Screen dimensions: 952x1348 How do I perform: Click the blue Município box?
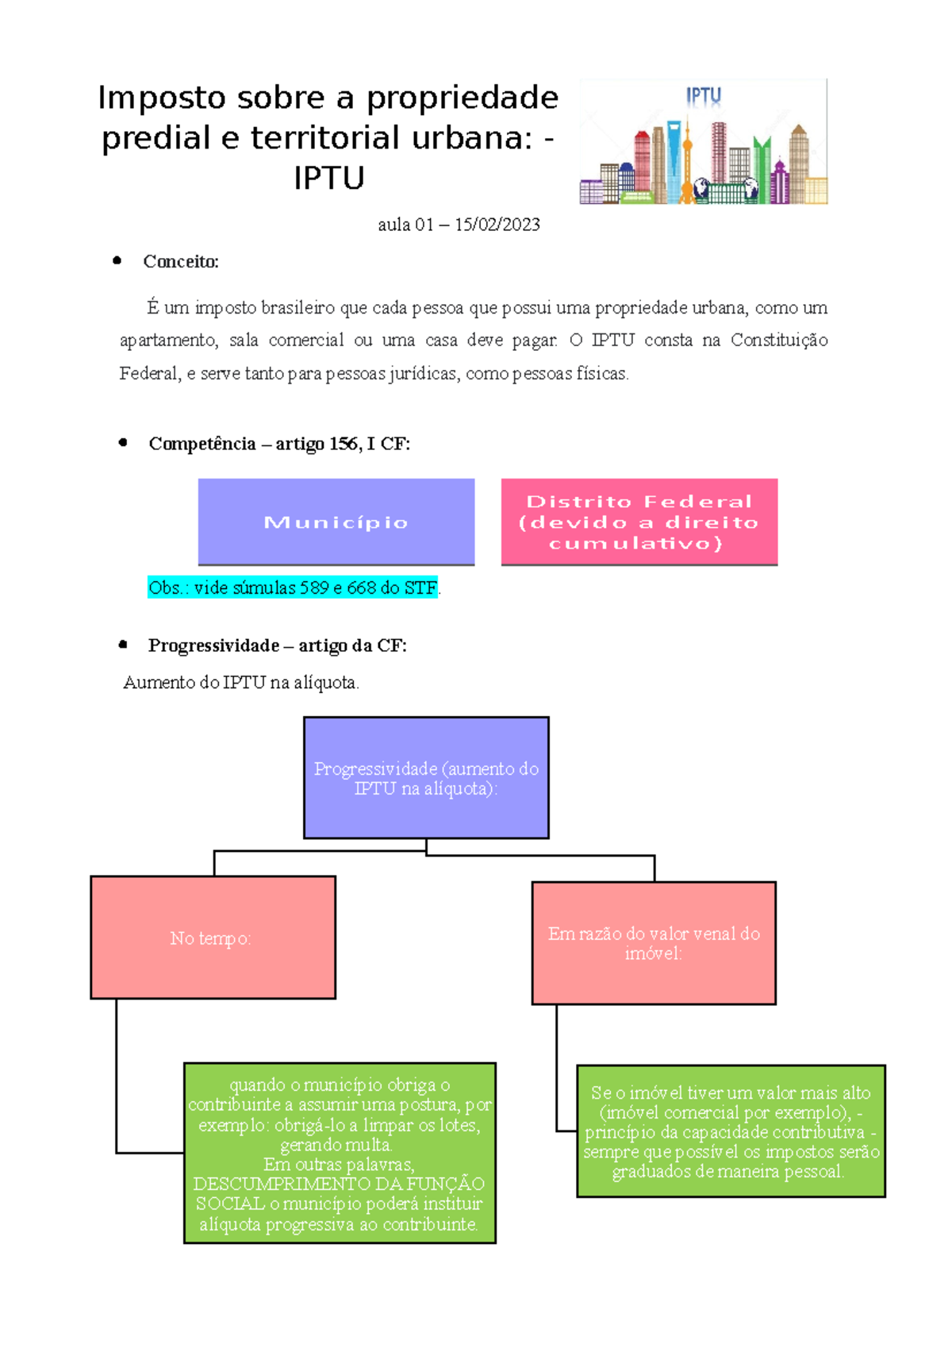(x=336, y=522)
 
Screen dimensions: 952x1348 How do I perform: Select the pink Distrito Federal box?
(x=639, y=522)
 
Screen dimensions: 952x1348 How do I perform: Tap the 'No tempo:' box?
(x=213, y=938)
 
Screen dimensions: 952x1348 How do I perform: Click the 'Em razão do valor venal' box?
(x=654, y=943)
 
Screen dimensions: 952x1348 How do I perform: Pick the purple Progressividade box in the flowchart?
(x=426, y=777)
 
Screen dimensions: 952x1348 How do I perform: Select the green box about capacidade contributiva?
(x=731, y=1130)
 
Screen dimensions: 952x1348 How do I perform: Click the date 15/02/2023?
(x=497, y=225)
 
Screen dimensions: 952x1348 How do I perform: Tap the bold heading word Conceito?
(x=180, y=261)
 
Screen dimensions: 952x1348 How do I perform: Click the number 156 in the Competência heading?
(x=344, y=444)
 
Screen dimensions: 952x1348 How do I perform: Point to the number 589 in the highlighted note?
(x=314, y=587)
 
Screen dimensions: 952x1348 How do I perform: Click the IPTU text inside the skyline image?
(x=704, y=96)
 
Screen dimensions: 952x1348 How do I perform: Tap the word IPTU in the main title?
(x=329, y=178)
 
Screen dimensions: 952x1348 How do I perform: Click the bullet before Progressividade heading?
(x=123, y=645)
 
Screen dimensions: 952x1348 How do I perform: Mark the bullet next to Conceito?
(x=117, y=260)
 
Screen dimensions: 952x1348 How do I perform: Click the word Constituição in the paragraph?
(x=779, y=341)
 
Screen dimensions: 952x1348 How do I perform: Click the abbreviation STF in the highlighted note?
(x=420, y=587)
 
